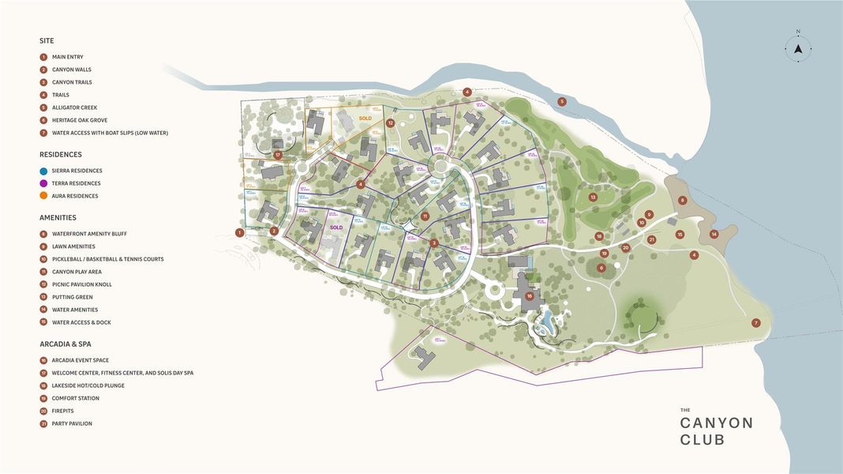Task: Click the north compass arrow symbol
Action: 798,48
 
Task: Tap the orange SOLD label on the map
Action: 365,118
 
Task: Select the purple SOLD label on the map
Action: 336,228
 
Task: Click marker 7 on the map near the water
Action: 755,322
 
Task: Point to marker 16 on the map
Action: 530,296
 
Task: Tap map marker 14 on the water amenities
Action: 714,234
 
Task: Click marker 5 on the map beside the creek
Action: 562,101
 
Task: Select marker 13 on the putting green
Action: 593,197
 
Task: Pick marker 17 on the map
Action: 278,155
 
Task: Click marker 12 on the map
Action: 391,123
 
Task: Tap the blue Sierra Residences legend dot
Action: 43,171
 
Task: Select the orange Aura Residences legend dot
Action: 43,196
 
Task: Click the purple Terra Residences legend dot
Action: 43,183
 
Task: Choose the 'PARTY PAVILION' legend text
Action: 72,423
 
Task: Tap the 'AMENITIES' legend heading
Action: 58,217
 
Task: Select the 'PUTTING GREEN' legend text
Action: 72,297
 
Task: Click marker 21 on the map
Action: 651,239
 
